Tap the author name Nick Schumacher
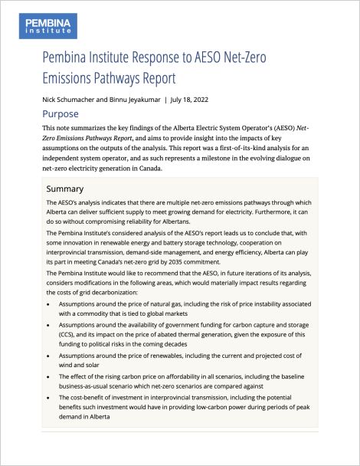72,100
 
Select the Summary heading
66,189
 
